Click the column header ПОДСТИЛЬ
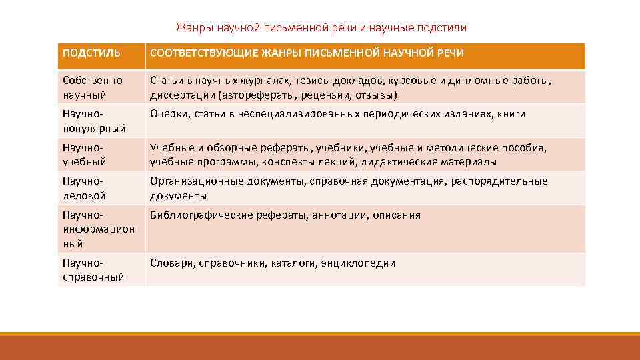point(92,53)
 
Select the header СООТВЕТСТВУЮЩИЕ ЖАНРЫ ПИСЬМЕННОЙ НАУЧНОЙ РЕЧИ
point(307,53)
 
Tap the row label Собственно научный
point(93,87)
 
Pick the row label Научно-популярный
point(93,121)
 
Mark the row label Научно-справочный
point(93,270)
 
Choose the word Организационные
point(197,181)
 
